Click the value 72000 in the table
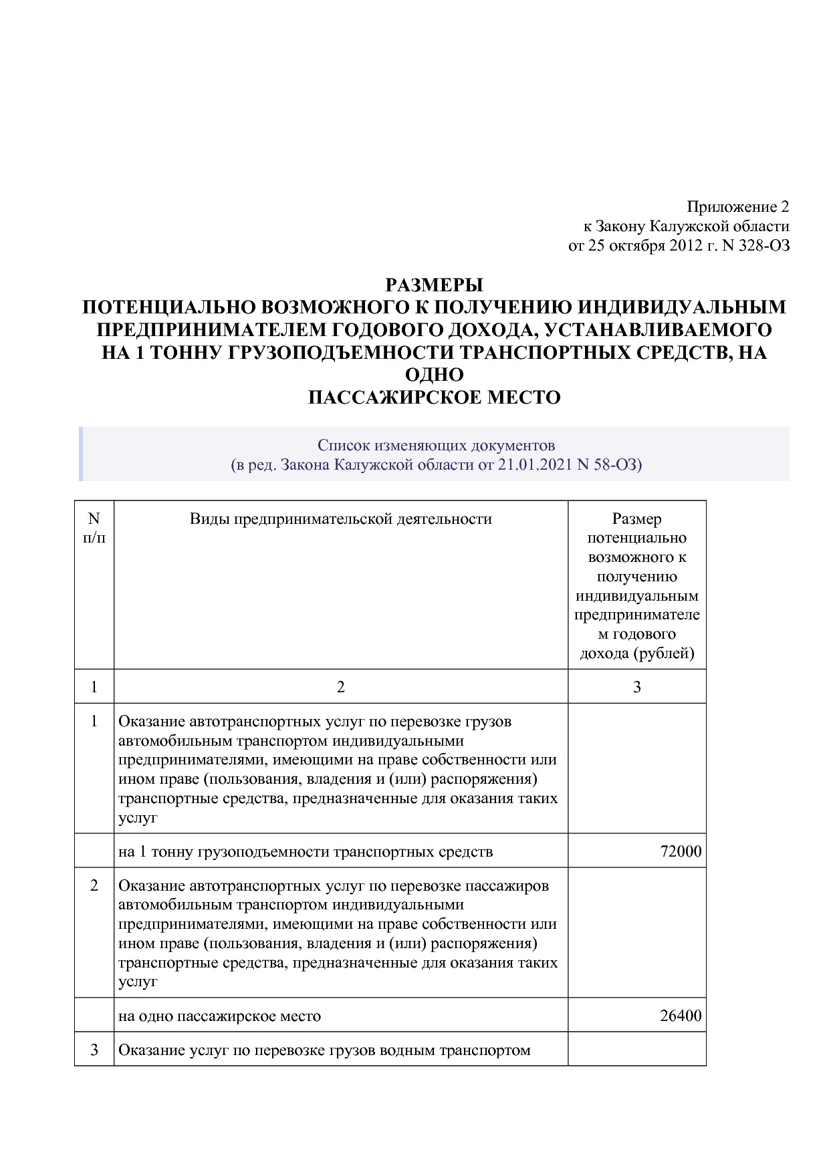681,851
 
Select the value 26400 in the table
681,1016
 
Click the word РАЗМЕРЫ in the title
434,285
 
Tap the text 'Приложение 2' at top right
738,206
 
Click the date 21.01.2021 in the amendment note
533,464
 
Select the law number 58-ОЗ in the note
615,464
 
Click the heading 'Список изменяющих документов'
436,445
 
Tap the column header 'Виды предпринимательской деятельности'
340,519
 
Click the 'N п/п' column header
94,528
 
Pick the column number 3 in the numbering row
636,687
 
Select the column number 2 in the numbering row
340,687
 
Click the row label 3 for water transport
94,1050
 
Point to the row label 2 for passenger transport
94,885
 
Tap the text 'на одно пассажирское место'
219,1016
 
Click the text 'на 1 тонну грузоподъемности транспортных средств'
306,852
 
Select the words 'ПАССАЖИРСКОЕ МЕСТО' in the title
434,398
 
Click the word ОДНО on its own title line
434,375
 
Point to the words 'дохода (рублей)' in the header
636,653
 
